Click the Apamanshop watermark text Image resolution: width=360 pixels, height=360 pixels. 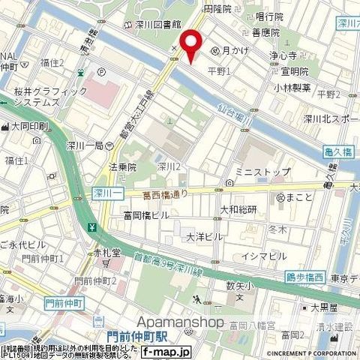[180, 322]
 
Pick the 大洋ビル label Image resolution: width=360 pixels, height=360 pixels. [204, 236]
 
